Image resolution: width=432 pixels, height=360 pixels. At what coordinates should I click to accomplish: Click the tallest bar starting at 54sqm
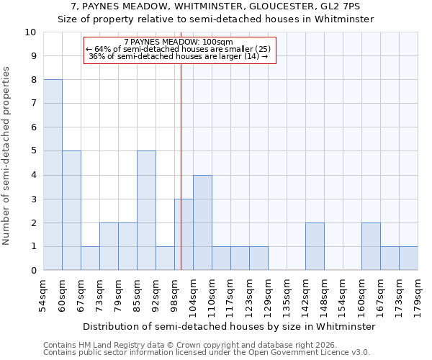click(53, 175)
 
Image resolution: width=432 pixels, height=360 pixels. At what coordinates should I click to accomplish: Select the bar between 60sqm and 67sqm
click(71, 210)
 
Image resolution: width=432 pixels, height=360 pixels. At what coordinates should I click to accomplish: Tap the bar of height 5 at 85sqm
click(146, 210)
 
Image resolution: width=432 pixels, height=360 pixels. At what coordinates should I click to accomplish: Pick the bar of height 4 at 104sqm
click(202, 222)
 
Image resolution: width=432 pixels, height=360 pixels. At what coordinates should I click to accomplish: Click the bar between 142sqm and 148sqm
click(315, 246)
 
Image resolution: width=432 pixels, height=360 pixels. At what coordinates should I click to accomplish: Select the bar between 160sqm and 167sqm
click(371, 246)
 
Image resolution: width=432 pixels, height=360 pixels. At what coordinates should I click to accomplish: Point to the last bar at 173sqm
click(408, 258)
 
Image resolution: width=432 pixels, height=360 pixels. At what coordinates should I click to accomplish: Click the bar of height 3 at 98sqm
click(184, 234)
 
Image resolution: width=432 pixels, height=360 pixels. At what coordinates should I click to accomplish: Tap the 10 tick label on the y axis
click(30, 32)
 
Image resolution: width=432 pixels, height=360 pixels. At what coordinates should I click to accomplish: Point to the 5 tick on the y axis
click(33, 151)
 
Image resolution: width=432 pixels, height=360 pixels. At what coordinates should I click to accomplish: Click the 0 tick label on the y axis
click(33, 271)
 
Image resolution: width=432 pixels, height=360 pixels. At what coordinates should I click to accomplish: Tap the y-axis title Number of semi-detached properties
click(7, 156)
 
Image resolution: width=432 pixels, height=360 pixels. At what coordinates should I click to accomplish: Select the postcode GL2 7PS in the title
click(348, 6)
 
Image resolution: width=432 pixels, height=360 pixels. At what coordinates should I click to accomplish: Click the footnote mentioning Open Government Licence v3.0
click(207, 353)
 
